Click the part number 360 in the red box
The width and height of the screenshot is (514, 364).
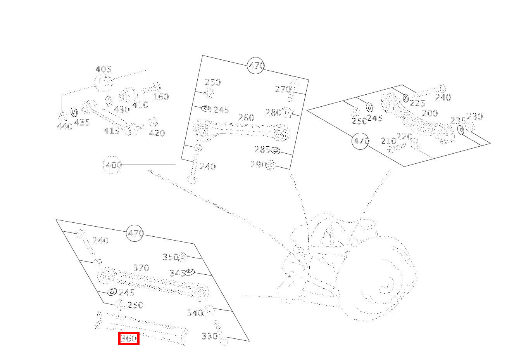tap(129, 338)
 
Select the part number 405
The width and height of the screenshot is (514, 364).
tap(103, 69)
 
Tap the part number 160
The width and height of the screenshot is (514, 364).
tap(161, 97)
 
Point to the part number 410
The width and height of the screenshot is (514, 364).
tap(140, 105)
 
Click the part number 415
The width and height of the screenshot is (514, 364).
tap(112, 131)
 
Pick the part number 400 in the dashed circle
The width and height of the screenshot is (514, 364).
tap(114, 165)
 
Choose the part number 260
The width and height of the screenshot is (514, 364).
tap(246, 118)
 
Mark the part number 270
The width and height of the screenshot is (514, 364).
tap(283, 89)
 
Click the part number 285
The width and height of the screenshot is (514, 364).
tap(262, 150)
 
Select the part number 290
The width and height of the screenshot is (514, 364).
tap(259, 165)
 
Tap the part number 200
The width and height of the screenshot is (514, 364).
tap(430, 113)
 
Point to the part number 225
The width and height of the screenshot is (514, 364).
tap(417, 103)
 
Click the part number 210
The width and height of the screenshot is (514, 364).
tap(389, 141)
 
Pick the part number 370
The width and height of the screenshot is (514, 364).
tap(141, 268)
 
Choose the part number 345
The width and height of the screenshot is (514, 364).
tap(178, 273)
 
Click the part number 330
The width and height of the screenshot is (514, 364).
tap(210, 336)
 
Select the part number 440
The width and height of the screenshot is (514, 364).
tap(64, 127)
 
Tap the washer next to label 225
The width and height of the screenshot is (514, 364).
tap(405, 98)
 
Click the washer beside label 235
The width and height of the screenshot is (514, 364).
tap(461, 130)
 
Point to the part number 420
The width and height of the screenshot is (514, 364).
tap(157, 133)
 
